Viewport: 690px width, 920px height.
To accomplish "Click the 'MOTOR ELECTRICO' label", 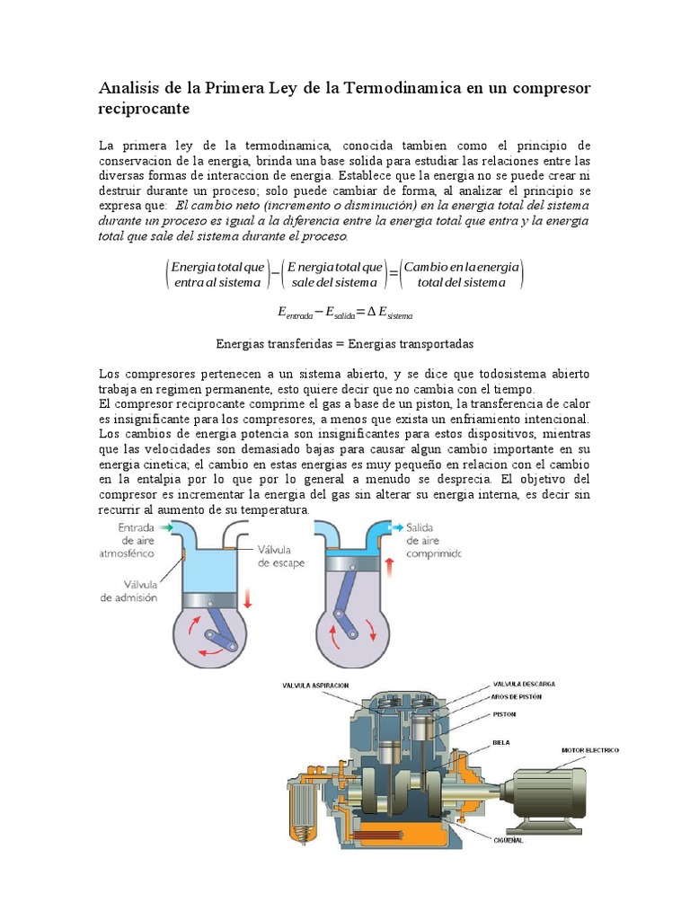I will click(x=590, y=749).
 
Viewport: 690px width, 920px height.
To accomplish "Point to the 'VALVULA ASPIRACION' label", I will click(x=315, y=685).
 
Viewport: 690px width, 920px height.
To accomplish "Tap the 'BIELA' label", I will click(x=501, y=743).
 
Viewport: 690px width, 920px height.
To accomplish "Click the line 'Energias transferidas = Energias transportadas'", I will click(x=345, y=344).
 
